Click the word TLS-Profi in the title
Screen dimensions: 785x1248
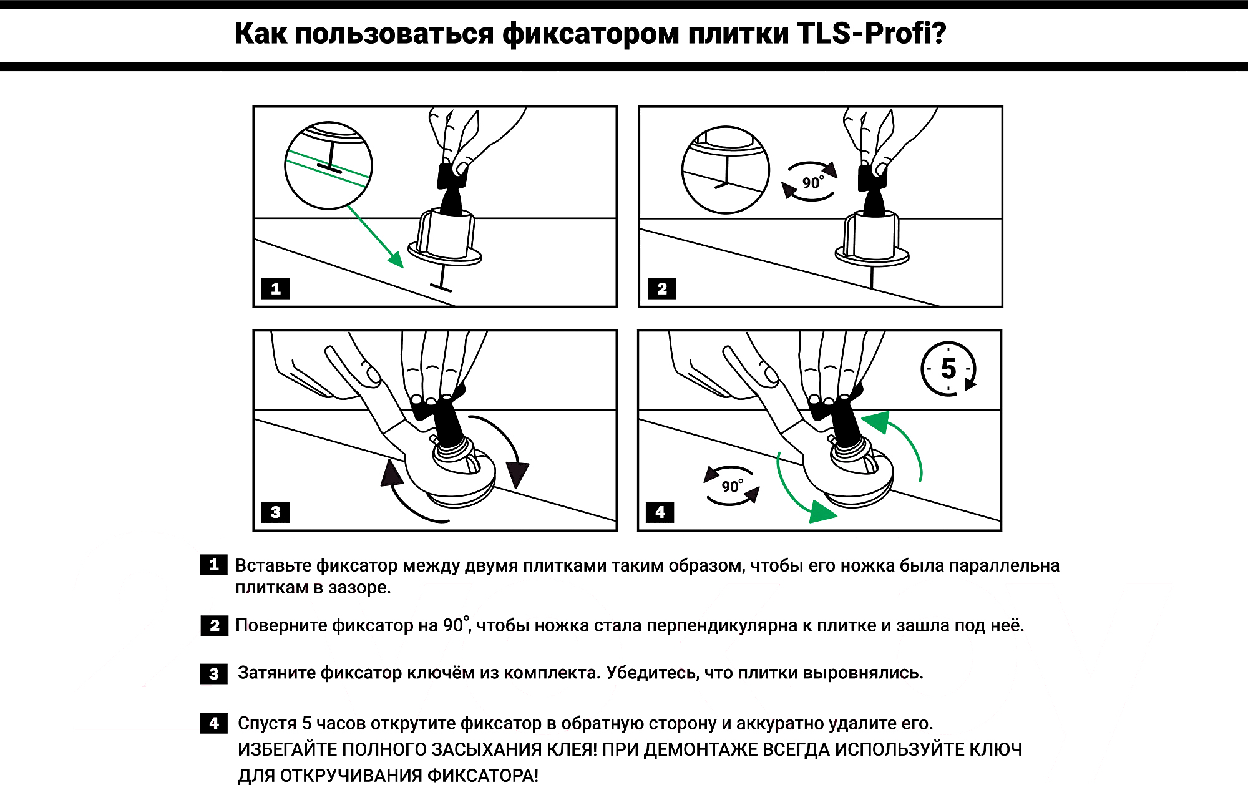coord(871,34)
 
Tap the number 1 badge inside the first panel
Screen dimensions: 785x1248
coord(275,289)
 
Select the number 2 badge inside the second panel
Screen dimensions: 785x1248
coord(661,289)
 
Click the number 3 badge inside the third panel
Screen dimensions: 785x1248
coord(275,512)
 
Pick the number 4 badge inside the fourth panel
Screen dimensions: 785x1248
coord(660,512)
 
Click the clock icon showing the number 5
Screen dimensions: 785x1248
coord(948,369)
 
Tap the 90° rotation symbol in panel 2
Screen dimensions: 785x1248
coord(811,182)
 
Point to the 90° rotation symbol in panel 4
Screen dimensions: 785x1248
coord(731,485)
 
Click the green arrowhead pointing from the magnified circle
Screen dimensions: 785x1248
coord(396,259)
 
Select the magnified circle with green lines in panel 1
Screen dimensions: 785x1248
coord(328,165)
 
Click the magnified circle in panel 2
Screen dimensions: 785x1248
coord(725,170)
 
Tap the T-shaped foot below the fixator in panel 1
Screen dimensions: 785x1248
coord(441,286)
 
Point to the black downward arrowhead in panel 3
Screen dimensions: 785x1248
coord(517,474)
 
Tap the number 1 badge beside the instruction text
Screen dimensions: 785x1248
coord(213,565)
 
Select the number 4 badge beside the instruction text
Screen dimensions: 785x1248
coord(213,723)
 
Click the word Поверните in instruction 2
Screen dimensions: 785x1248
coord(281,625)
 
